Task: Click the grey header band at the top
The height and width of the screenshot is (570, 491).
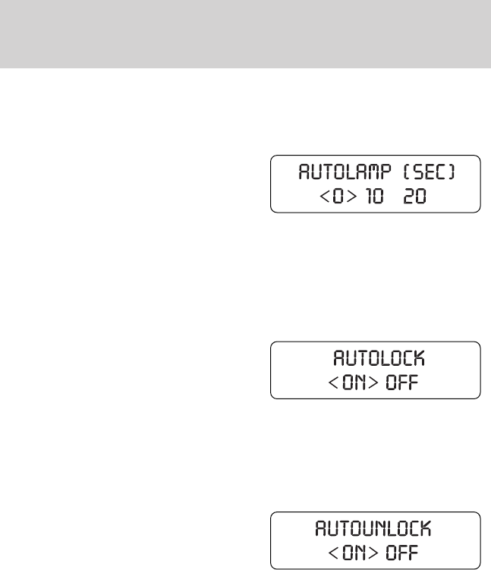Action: pyautogui.click(x=245, y=33)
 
